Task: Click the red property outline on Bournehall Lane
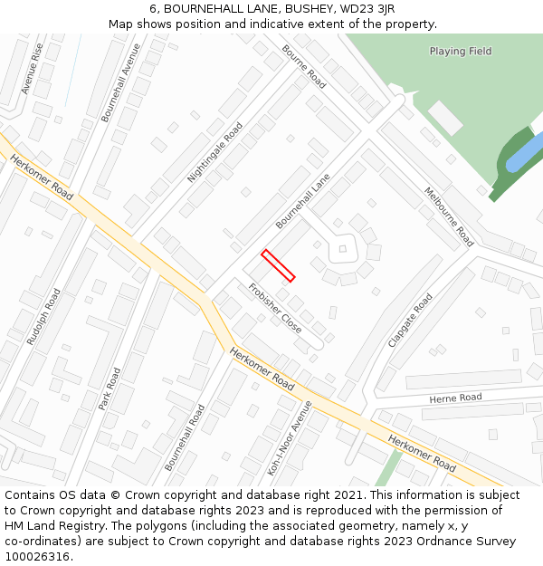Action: pos(279,265)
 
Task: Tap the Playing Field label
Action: pos(461,52)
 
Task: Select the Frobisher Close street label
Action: pos(275,309)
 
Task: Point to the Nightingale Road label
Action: pos(215,152)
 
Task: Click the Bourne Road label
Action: pos(304,66)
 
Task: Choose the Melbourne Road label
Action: pos(449,216)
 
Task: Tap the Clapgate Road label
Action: pos(410,320)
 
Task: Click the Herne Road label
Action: pos(456,398)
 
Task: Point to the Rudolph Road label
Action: pos(43,317)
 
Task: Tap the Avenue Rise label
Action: pos(32,69)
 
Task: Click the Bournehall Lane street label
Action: pos(303,200)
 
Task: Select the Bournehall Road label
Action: pos(186,436)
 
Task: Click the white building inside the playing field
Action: pos(445,119)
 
